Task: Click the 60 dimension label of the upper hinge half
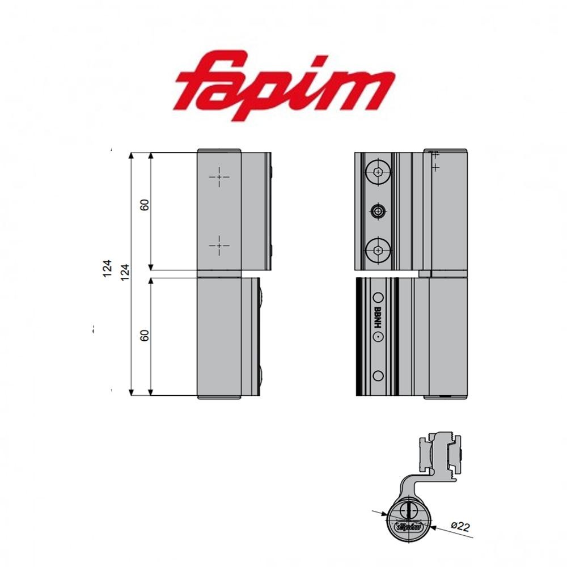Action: coord(145,205)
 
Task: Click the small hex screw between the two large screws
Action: coord(378,212)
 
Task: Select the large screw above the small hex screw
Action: coord(378,171)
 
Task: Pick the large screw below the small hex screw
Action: coord(378,250)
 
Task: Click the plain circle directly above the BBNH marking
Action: coord(378,297)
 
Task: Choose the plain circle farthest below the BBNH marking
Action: coord(378,375)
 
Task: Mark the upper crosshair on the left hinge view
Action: coord(219,177)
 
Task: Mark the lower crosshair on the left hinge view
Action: coord(219,246)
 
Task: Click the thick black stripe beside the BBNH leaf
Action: coord(360,337)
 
